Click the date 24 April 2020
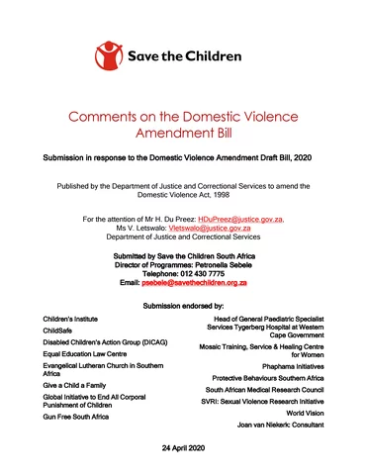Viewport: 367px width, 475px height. pyautogui.click(x=182, y=448)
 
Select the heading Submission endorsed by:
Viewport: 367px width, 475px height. pyautogui.click(x=183, y=308)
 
